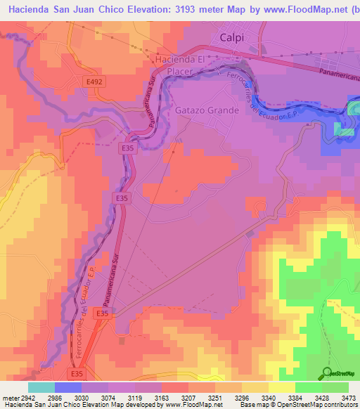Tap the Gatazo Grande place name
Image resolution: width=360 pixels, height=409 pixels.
pyautogui.click(x=207, y=110)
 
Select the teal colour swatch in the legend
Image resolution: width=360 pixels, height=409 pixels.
pyautogui.click(x=41, y=387)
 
